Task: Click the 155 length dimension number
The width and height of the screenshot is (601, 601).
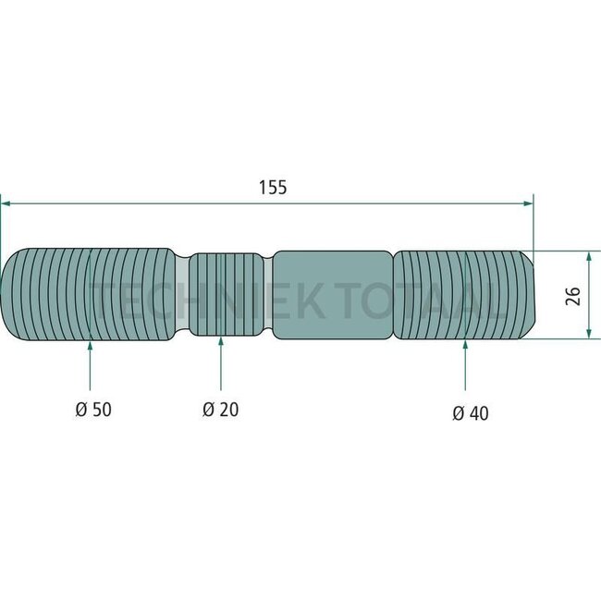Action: (273, 187)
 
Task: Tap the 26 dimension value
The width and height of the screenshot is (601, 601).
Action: (572, 295)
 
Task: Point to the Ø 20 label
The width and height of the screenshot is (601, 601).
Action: (220, 409)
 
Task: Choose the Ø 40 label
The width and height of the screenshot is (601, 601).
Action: (471, 413)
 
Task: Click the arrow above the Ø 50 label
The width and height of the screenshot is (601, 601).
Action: (90, 347)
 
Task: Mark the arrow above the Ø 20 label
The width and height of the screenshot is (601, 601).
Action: (220, 344)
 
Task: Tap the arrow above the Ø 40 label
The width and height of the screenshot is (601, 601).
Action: (464, 347)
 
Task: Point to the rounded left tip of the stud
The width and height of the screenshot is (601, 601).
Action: (9, 295)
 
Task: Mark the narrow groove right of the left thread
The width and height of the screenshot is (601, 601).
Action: (181, 295)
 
